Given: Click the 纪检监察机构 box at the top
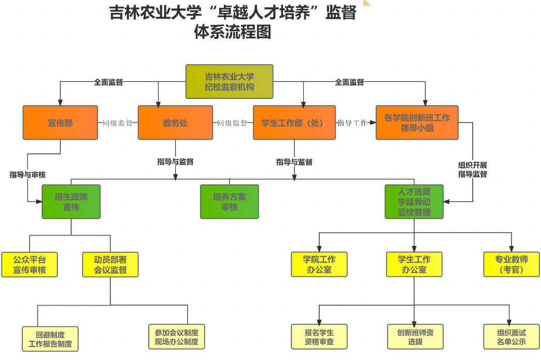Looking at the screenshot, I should click(229, 81).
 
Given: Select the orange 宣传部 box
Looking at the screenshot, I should click(60, 123).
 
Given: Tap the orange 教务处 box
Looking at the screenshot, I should click(175, 123).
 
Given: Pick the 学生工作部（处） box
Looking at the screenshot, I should click(294, 123).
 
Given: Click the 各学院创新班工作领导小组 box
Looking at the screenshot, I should click(417, 123).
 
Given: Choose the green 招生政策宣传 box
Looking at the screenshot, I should click(71, 201).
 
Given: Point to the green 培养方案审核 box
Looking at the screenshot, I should click(229, 201).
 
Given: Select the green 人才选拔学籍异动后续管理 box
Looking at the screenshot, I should click(414, 201).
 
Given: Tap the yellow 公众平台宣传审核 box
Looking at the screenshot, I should click(29, 264).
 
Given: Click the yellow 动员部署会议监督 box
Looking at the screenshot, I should click(110, 264).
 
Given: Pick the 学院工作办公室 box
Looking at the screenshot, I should click(319, 264).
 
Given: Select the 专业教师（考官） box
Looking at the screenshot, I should click(511, 264).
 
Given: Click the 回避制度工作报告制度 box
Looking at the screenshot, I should click(50, 339).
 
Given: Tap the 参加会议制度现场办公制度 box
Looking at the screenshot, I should click(176, 337).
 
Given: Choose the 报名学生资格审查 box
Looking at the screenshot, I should click(319, 337).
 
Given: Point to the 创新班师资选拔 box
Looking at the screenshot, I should click(415, 337).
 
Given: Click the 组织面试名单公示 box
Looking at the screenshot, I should click(511, 337).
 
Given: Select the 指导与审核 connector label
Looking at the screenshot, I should click(27, 175).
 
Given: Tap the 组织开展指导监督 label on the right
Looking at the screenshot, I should click(472, 169).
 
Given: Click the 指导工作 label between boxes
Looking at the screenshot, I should click(352, 123).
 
